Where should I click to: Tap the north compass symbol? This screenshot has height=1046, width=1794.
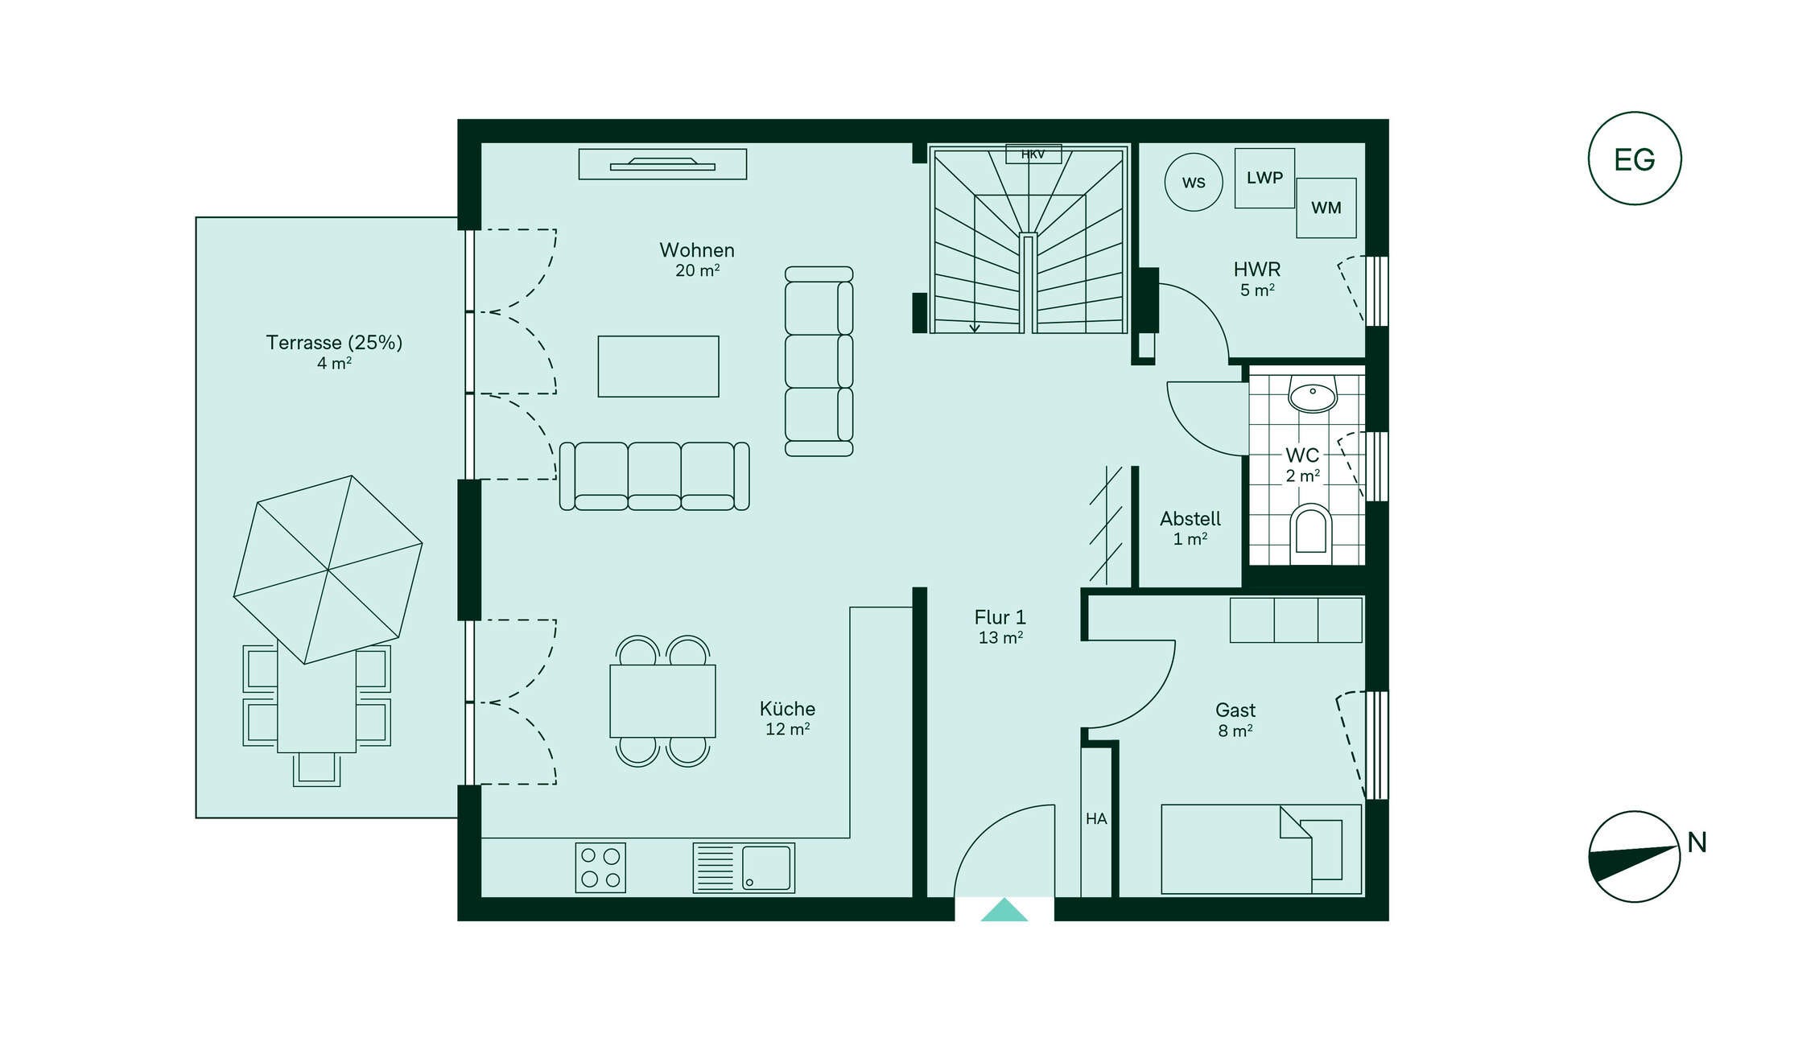coord(1634,856)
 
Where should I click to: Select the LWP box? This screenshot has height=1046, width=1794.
coord(1264,178)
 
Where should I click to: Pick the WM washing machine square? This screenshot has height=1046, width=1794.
coord(1326,208)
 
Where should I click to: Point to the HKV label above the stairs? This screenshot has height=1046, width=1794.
coord(1033,154)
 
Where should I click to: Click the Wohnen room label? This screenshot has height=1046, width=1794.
coord(697,250)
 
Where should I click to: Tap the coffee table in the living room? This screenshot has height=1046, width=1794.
coord(658,366)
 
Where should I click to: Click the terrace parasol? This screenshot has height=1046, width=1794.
coord(328,570)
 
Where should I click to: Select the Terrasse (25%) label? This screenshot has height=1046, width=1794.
coord(334,343)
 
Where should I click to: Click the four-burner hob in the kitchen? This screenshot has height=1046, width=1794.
coord(600,867)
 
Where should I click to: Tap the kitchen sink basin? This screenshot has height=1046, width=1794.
coord(766,867)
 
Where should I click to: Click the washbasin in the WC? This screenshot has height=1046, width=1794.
coord(1313,393)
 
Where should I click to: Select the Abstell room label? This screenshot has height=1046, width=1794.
coord(1190,519)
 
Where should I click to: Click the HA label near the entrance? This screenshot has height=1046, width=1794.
coord(1096,819)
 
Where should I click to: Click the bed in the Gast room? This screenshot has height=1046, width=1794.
coord(1261,849)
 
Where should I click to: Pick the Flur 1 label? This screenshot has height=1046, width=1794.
coord(1000,617)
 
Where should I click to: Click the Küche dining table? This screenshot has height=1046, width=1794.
coord(662,701)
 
